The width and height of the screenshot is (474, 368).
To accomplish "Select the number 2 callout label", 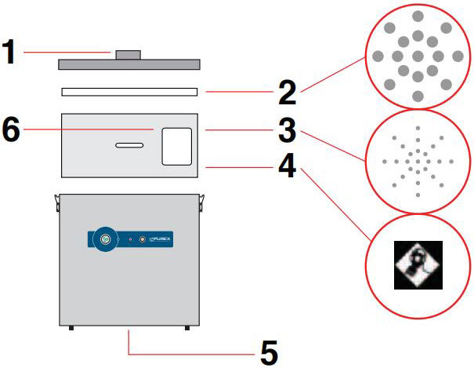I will (x=287, y=93).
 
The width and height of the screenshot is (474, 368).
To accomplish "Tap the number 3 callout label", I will (x=287, y=130).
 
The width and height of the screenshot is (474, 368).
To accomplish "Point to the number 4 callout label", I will (x=287, y=167).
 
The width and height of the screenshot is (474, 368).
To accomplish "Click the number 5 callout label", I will (x=268, y=352).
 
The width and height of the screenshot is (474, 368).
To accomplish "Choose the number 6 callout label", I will (x=10, y=130).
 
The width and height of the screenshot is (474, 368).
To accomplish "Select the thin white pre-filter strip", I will (x=129, y=92).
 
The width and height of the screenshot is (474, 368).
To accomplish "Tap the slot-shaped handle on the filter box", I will (x=129, y=144).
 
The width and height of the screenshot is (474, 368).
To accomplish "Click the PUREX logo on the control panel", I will (x=161, y=239).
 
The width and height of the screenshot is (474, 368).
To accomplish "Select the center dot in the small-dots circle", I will (x=418, y=162).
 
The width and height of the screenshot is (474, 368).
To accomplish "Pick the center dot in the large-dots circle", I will (x=418, y=56).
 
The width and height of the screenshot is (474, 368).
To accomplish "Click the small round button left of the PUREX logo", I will (x=142, y=239).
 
